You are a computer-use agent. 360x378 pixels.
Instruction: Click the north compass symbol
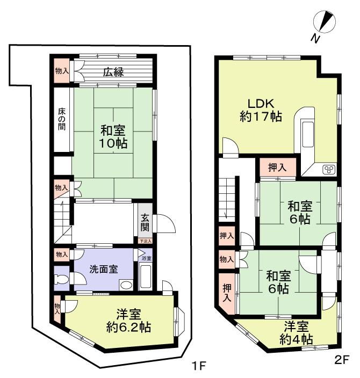[326, 24]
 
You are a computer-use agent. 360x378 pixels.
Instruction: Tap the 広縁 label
[114, 71]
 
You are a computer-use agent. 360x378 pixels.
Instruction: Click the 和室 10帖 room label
[113, 137]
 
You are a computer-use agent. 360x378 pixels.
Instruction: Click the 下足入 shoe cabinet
[146, 242]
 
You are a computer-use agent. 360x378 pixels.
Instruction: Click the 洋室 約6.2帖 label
[128, 320]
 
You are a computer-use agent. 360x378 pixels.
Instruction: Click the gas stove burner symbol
[328, 170]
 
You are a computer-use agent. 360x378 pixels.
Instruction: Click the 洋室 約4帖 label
[296, 332]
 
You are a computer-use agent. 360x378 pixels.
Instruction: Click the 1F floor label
[199, 367]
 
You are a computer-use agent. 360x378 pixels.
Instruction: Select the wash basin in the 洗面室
[127, 285]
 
